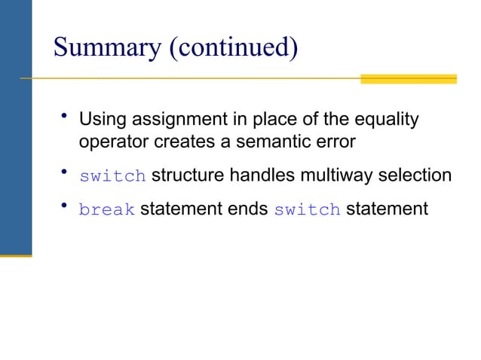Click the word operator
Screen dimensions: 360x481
pos(108,142)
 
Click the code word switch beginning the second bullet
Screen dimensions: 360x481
pos(112,177)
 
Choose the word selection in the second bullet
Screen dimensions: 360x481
pos(419,176)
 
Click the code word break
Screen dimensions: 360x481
pos(106,210)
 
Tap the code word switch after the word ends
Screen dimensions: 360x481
pos(307,210)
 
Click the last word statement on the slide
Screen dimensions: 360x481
pos(387,209)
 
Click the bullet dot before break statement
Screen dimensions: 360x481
pos(66,206)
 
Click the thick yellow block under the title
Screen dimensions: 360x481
pos(408,78)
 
